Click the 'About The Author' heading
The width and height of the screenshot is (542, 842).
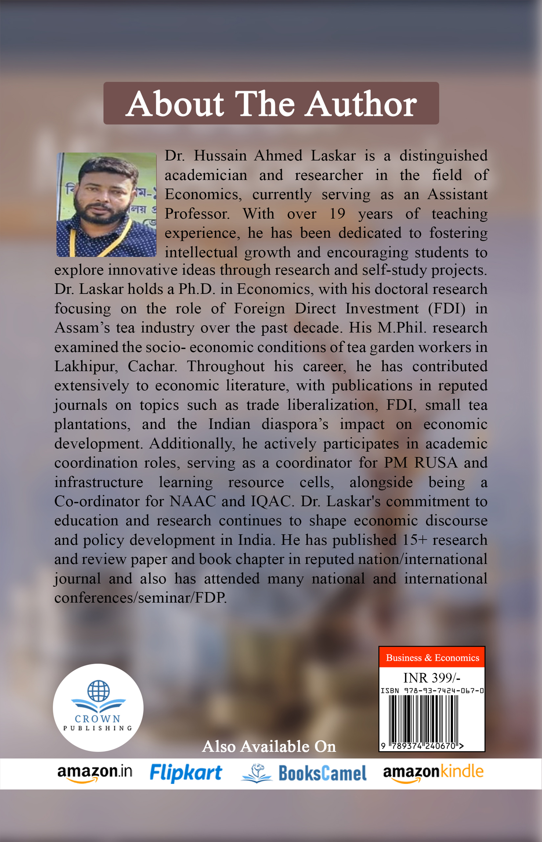tap(271, 104)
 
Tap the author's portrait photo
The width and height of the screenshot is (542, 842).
tap(106, 205)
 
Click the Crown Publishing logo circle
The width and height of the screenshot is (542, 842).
tap(98, 708)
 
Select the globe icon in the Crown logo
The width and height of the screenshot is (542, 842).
tap(98, 691)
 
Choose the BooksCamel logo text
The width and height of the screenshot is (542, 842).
tap(322, 773)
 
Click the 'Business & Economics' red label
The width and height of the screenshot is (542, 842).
tap(432, 658)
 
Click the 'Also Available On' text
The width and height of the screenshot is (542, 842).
tap(269, 746)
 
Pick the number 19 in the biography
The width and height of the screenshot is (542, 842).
tap(337, 214)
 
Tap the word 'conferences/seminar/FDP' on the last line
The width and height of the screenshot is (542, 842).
tap(140, 598)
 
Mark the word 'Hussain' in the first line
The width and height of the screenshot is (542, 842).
tap(220, 156)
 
